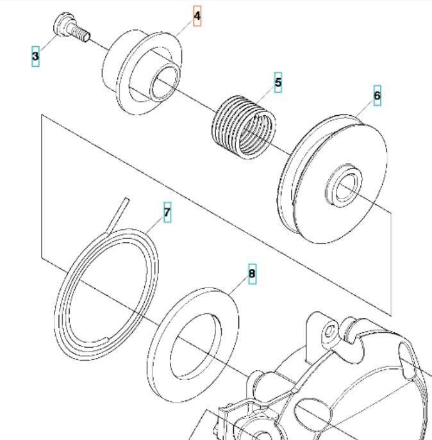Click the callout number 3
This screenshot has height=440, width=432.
click(x=35, y=56)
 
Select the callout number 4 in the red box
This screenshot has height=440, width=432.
click(x=197, y=15)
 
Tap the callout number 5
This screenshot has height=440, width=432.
click(x=278, y=83)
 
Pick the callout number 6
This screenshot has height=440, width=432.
click(x=377, y=96)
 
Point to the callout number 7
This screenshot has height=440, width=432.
click(x=167, y=213)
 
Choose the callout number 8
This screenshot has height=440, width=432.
click(x=252, y=275)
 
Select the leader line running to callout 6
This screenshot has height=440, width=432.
click(x=365, y=110)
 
